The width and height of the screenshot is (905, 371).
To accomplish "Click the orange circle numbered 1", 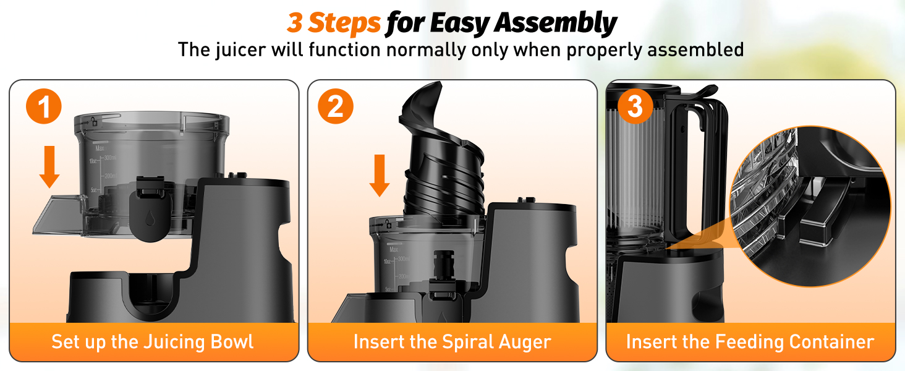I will (44, 107).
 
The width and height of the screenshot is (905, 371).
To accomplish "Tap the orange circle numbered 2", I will (336, 107).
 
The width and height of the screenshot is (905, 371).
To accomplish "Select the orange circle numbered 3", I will (635, 107).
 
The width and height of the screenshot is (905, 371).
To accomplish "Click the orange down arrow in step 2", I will (379, 175).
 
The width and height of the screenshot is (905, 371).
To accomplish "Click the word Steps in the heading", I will (344, 23).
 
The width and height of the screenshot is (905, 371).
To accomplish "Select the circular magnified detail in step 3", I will (810, 207).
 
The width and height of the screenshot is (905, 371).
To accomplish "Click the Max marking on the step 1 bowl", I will (99, 148).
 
